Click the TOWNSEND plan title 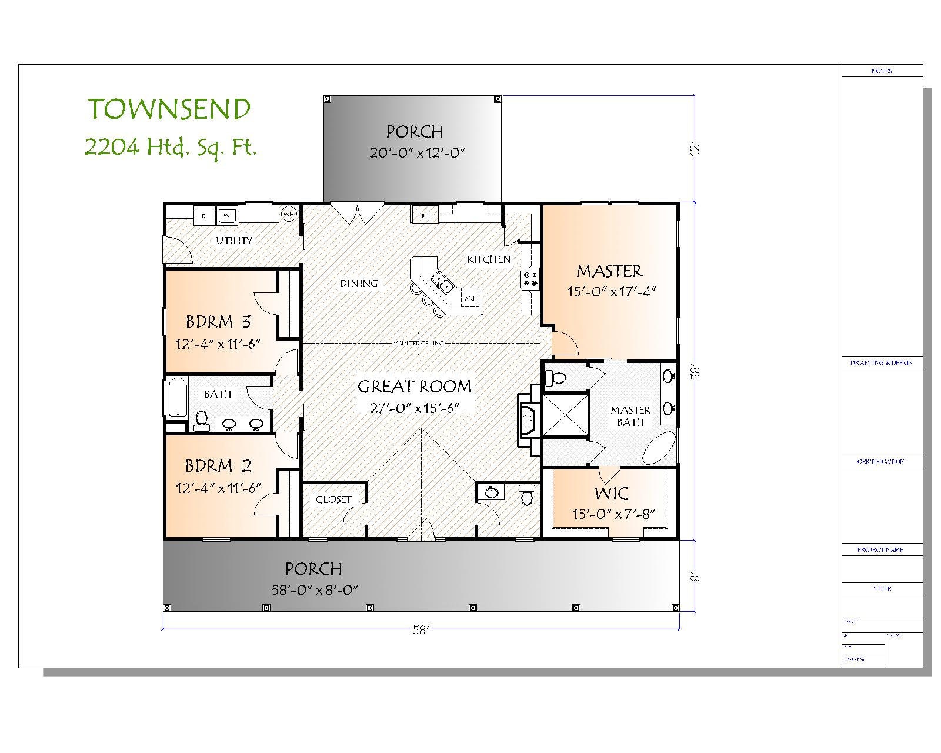tap(169, 109)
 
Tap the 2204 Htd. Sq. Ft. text tap(171, 146)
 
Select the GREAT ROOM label tap(415, 387)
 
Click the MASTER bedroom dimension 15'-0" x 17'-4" tap(611, 292)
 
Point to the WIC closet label tap(611, 493)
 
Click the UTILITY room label tap(234, 240)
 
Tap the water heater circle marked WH tap(289, 215)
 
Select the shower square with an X tap(565, 415)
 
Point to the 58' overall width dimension tap(421, 630)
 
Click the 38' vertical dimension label tap(696, 372)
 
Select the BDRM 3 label tap(218, 322)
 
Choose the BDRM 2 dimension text tap(218, 488)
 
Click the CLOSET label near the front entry tap(333, 499)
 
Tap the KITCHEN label tap(489, 259)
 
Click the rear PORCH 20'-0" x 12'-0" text tap(417, 153)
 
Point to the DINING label tap(359, 284)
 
